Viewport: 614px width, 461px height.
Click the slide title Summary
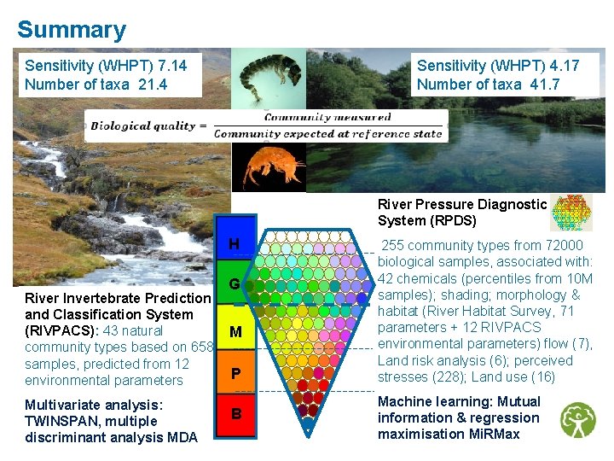(x=72, y=30)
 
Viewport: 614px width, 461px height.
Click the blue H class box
(x=234, y=245)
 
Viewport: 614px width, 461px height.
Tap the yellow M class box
(x=234, y=331)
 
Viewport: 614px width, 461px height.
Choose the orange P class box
(x=234, y=374)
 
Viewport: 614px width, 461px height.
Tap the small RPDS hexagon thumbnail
(x=571, y=213)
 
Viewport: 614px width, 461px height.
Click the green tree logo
(x=578, y=420)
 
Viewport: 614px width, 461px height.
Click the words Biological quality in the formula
(x=143, y=126)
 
